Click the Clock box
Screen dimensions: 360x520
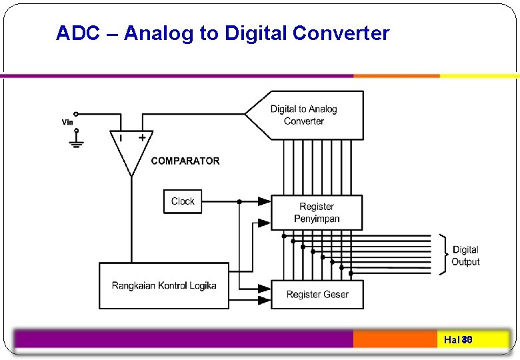click(182, 201)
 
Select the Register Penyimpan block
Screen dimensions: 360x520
click(317, 213)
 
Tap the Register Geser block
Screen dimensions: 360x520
click(317, 294)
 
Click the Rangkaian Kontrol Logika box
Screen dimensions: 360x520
click(164, 285)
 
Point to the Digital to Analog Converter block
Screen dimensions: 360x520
click(305, 115)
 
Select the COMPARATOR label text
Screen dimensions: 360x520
click(185, 161)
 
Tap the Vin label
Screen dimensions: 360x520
click(67, 122)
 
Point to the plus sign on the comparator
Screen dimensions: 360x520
click(142, 137)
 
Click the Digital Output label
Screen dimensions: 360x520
click(465, 255)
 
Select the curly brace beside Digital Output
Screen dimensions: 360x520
click(443, 254)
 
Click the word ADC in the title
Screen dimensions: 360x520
click(73, 33)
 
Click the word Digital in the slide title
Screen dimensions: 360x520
click(256, 33)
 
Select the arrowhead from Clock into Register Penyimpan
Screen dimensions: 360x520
click(265, 201)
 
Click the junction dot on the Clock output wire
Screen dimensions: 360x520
click(239, 201)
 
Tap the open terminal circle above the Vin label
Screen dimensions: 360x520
click(76, 114)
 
